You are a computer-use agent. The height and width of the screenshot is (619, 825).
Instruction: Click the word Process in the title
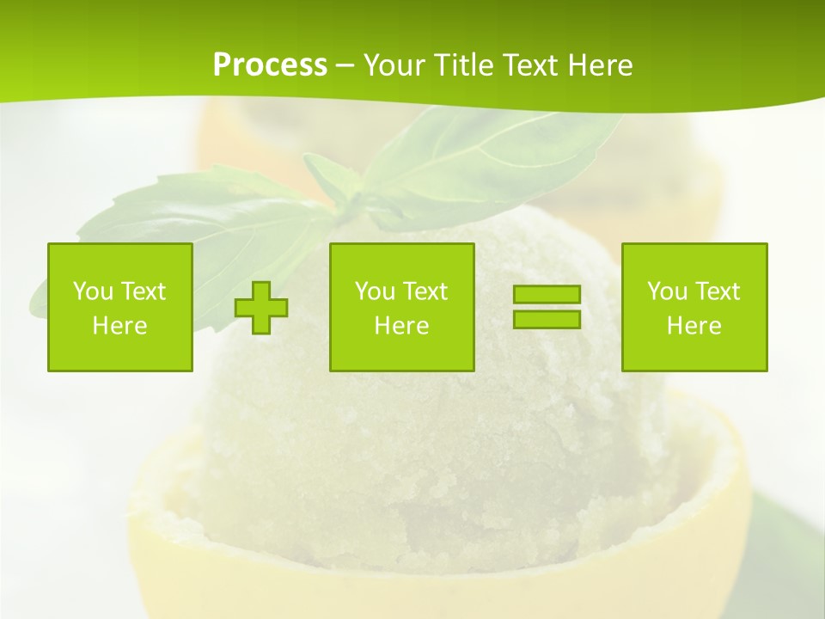[x=270, y=65]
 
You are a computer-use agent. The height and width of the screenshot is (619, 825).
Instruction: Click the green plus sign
[x=261, y=307]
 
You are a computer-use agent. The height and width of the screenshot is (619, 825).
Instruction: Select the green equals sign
[x=547, y=307]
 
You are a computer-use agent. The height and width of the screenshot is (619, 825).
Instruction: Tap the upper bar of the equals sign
[x=547, y=295]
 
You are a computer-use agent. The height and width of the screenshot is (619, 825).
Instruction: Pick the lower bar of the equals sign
[x=547, y=319]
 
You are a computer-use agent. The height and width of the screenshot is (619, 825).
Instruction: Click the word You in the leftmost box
[x=93, y=291]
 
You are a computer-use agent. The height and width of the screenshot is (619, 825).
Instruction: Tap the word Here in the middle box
[x=401, y=326]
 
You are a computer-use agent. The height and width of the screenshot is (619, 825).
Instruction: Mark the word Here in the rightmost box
[x=694, y=326]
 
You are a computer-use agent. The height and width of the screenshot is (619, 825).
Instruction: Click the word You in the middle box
[x=375, y=291]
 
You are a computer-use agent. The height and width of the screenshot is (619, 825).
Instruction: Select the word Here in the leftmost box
[x=119, y=326]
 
